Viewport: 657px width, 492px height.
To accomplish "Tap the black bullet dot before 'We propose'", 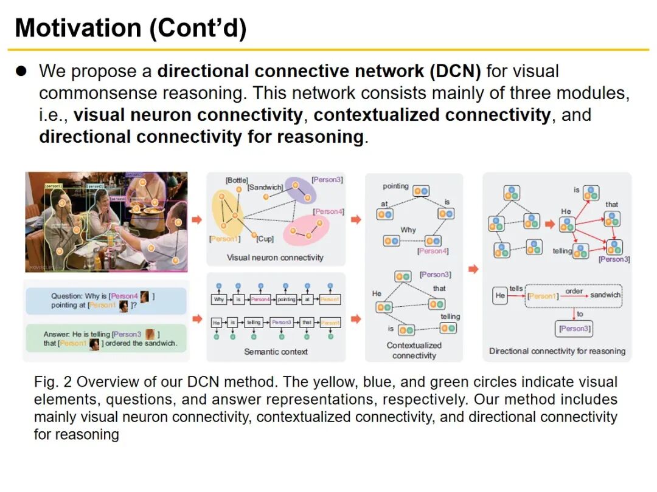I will coord(22,72).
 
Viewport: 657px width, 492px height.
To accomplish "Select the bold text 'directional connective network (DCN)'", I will coord(319,72).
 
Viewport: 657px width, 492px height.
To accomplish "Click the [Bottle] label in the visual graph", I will coord(237,180).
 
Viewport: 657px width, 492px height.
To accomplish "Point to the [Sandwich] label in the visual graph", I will coord(265,187).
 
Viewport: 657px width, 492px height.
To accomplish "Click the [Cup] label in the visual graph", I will coord(265,239).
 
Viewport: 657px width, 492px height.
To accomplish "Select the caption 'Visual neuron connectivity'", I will coord(275,258).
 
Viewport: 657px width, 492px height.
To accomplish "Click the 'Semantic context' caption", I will coord(276,352).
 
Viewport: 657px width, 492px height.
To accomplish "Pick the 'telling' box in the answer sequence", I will coord(254,323).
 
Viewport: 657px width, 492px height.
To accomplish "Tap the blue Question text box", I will coord(105,301).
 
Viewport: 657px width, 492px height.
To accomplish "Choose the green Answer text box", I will coord(105,338).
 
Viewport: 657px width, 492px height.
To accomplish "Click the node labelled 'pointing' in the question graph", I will coord(420,191).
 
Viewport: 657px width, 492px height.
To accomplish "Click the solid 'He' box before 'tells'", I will coord(500,296).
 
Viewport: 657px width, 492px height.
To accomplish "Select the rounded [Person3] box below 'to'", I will coord(574,329).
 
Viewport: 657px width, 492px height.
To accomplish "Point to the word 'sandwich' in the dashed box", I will coord(605,295).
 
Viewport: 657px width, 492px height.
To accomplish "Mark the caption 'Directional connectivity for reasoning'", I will coord(557,351).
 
